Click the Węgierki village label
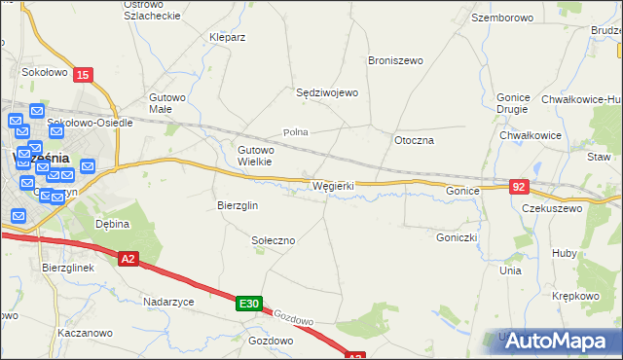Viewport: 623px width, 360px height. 333,185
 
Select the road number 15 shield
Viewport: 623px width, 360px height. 84,75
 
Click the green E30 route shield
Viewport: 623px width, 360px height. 248,305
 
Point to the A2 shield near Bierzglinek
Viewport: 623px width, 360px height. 129,259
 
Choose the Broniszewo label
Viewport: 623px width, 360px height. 395,60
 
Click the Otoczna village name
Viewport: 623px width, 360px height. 414,140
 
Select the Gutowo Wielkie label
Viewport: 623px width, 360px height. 256,156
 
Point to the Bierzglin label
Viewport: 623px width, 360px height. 237,205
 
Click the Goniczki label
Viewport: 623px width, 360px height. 456,236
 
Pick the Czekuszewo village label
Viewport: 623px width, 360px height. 551,208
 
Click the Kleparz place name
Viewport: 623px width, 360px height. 227,37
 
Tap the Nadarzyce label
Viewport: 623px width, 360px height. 168,302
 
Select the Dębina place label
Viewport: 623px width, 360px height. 112,223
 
